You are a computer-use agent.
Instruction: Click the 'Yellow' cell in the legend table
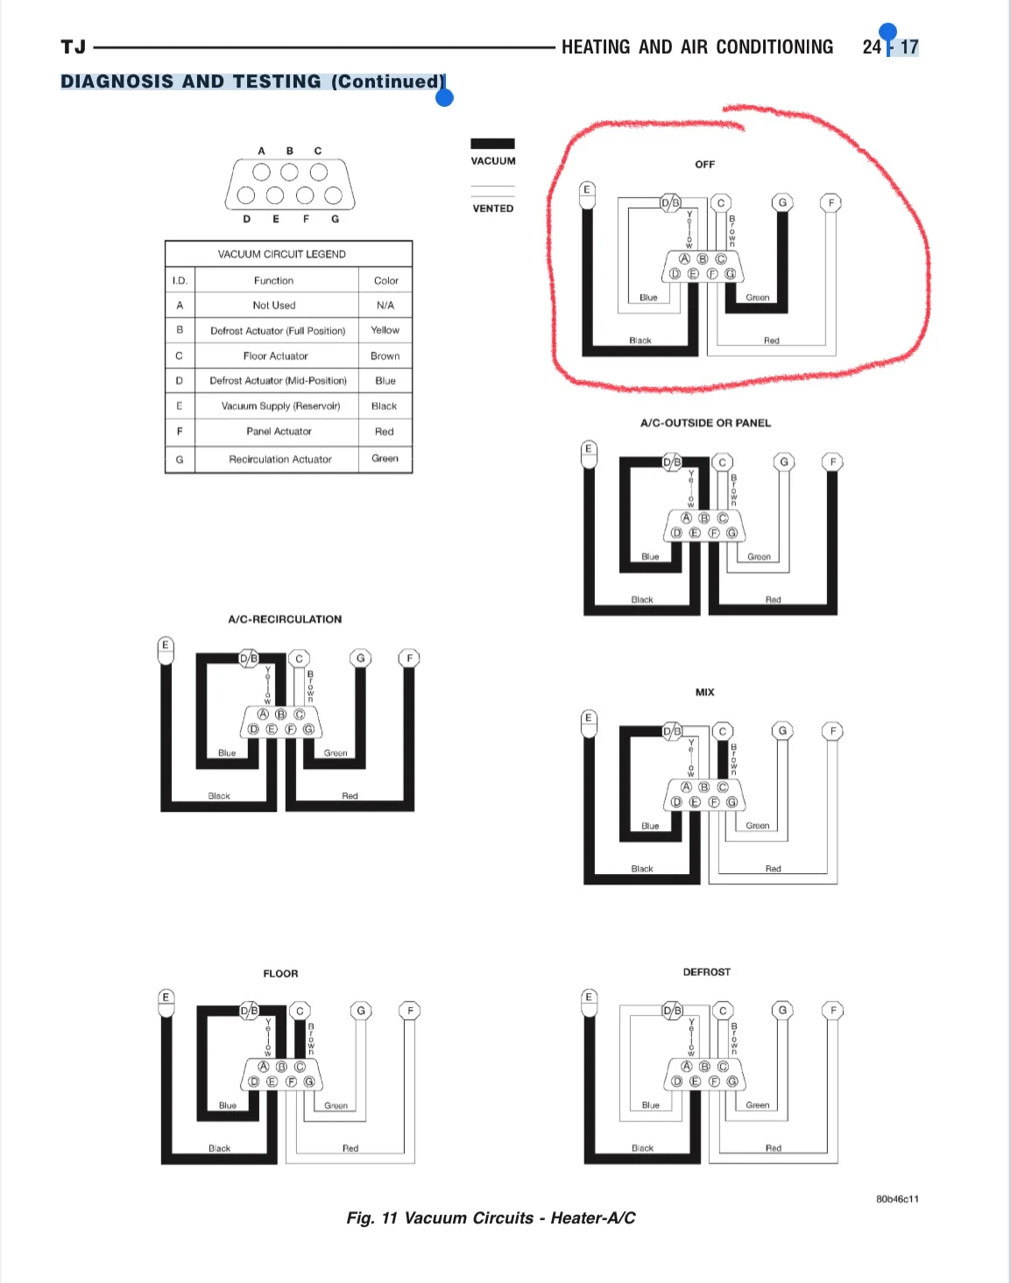pyautogui.click(x=385, y=330)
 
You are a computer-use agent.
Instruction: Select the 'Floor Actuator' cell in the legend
pyautogui.click(x=276, y=356)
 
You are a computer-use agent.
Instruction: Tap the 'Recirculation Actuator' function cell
pyautogui.click(x=279, y=459)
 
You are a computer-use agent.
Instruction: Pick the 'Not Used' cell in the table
pyautogui.click(x=273, y=306)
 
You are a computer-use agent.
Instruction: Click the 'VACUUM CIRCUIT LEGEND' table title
pyautogui.click(x=281, y=254)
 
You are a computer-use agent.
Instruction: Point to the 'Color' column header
pyautogui.click(x=385, y=280)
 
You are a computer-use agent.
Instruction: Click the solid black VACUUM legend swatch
pyautogui.click(x=492, y=144)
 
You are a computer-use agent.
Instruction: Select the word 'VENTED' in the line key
pyautogui.click(x=492, y=208)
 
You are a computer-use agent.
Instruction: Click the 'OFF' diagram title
pyautogui.click(x=704, y=165)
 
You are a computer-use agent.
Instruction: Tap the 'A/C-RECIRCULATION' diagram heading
pyautogui.click(x=285, y=619)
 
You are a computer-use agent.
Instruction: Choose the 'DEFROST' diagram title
pyautogui.click(x=707, y=972)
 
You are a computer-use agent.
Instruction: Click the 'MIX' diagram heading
pyautogui.click(x=704, y=692)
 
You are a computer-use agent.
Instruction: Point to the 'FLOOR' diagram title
pyautogui.click(x=280, y=974)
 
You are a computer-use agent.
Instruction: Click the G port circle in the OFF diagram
pyautogui.click(x=782, y=202)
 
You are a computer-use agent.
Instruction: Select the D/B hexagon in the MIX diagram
pyautogui.click(x=672, y=731)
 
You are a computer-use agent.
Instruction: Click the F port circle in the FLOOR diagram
pyautogui.click(x=410, y=1011)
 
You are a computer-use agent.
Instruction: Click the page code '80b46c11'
pyautogui.click(x=897, y=1199)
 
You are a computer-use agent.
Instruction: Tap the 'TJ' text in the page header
pyautogui.click(x=74, y=46)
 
